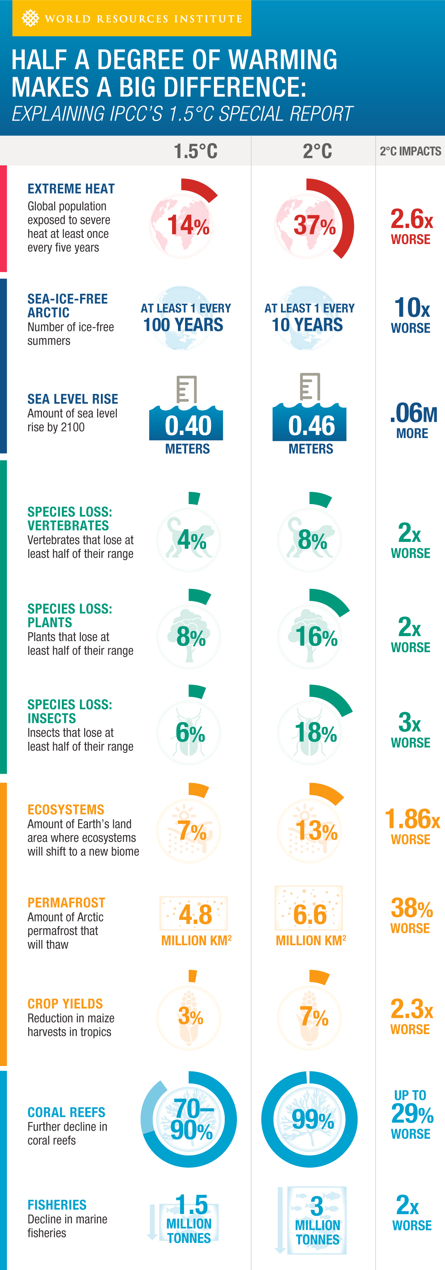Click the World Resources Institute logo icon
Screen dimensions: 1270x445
30,18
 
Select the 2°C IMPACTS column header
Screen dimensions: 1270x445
410,151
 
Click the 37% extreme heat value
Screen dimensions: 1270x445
314,225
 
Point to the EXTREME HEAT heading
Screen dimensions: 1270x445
71,189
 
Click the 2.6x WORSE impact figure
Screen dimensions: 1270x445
411,226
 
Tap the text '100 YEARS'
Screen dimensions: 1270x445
183,325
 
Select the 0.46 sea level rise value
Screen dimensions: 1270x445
311,425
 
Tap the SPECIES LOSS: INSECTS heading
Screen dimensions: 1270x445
69,711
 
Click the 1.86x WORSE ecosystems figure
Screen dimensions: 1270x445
412,825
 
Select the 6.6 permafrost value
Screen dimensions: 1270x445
310,915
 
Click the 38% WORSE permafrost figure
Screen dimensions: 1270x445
411,915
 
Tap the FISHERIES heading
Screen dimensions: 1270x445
57,1205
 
